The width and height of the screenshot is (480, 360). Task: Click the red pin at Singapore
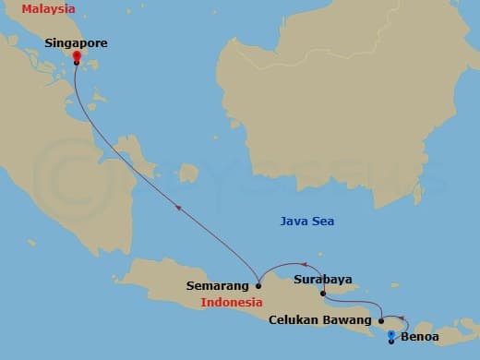[76, 56]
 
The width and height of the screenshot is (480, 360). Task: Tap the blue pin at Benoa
[391, 335]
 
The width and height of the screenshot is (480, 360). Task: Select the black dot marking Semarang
[258, 286]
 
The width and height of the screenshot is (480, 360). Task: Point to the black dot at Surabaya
[322, 294]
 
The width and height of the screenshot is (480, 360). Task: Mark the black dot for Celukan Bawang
[381, 321]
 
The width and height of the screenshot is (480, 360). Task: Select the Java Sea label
[307, 222]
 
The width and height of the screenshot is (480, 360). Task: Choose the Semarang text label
[218, 286]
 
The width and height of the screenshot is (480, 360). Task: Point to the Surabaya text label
[322, 278]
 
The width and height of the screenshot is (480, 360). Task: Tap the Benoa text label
[422, 337]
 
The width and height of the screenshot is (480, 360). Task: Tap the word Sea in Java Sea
[323, 222]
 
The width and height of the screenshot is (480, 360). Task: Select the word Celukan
[293, 321]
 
